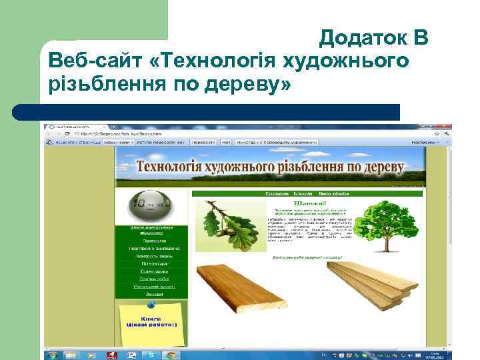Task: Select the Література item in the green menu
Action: click(x=153, y=263)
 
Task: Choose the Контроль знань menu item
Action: click(x=153, y=255)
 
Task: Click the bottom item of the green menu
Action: click(x=153, y=293)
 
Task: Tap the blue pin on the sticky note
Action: click(x=151, y=305)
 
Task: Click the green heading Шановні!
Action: click(x=307, y=202)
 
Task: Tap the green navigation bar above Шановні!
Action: click(x=307, y=193)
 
